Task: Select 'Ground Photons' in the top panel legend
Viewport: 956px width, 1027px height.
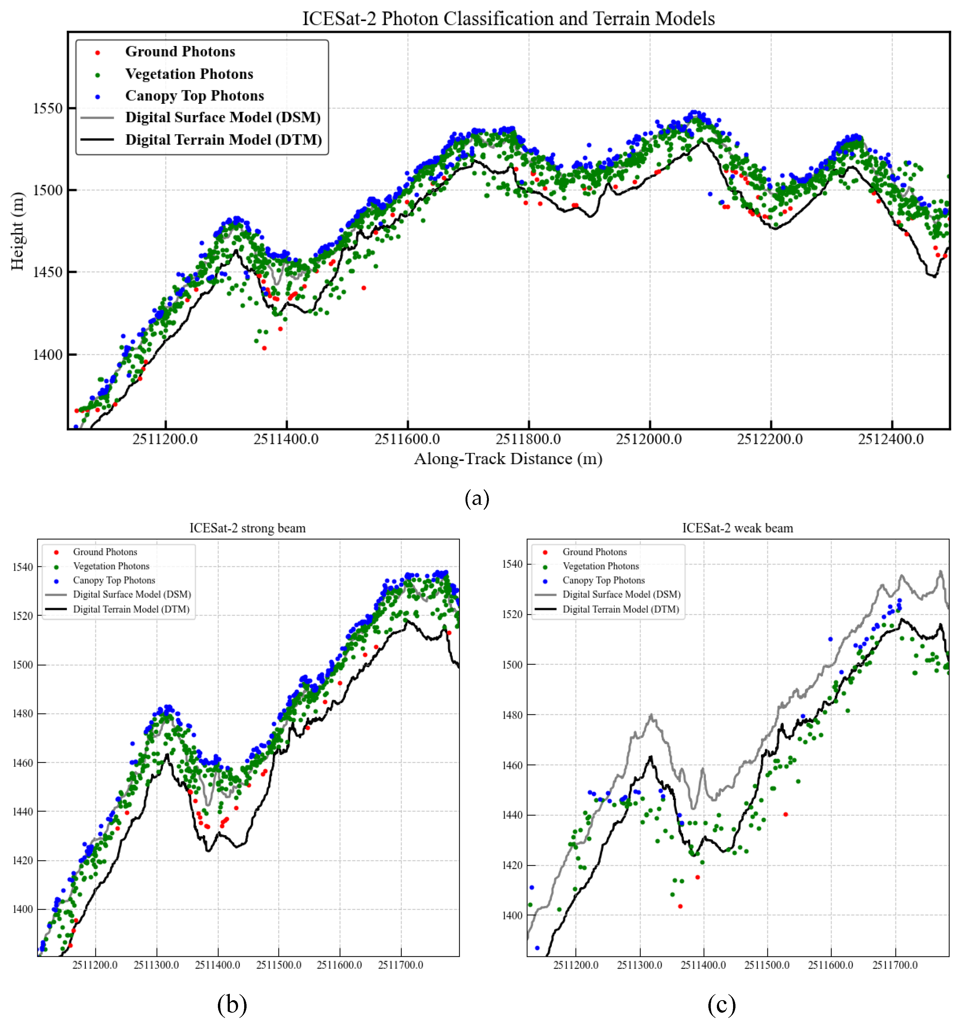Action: pos(180,52)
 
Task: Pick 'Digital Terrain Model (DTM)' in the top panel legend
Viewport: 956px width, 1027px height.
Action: pos(223,140)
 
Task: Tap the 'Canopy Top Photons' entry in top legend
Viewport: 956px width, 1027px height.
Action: pos(194,96)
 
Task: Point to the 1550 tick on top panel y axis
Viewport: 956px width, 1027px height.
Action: pos(48,108)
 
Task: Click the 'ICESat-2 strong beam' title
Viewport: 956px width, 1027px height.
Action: pos(248,528)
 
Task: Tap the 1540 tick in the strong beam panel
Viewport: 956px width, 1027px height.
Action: pos(23,567)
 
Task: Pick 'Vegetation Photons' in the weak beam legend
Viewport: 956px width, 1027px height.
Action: pos(600,566)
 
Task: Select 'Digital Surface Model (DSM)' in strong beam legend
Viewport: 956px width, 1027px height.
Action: pos(132,595)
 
